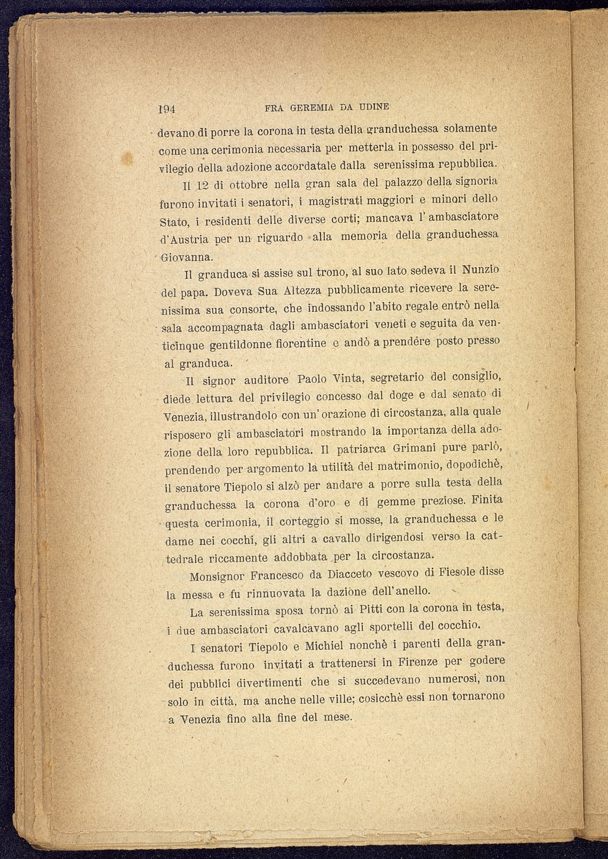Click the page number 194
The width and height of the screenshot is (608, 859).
point(167,108)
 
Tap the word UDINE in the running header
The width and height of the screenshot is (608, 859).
point(374,107)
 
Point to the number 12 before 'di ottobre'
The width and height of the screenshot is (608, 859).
point(201,186)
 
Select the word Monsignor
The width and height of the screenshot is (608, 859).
point(217,577)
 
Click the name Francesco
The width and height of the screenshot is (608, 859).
point(277,576)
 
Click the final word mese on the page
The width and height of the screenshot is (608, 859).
point(338,717)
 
